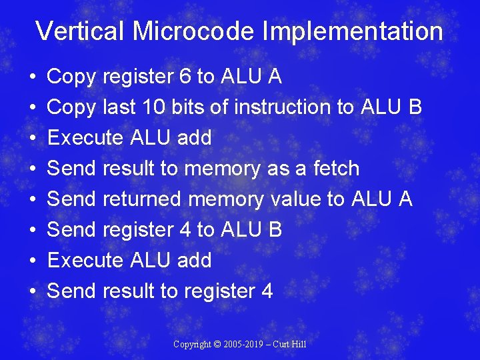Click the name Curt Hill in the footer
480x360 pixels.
[x=292, y=345]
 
